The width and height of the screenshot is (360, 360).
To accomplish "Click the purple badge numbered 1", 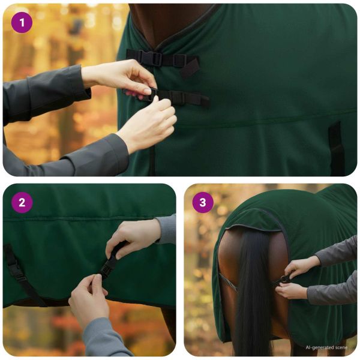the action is tap(22, 23).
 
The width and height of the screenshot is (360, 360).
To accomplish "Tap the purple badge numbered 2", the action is tap(22, 203).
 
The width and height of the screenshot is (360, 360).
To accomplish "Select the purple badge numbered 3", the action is tap(203, 203).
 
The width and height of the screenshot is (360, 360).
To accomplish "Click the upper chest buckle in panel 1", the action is tap(149, 58).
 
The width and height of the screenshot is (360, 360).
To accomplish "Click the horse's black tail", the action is tap(254, 292).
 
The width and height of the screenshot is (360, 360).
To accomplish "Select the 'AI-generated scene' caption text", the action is tap(326, 347).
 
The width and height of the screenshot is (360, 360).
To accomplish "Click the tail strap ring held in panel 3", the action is tap(284, 280).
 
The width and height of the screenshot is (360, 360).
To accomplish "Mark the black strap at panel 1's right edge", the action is tap(337, 148).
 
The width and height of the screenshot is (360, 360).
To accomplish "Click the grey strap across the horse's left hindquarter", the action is tap(228, 283).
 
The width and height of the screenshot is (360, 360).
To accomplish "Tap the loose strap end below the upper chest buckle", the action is tap(190, 67).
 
